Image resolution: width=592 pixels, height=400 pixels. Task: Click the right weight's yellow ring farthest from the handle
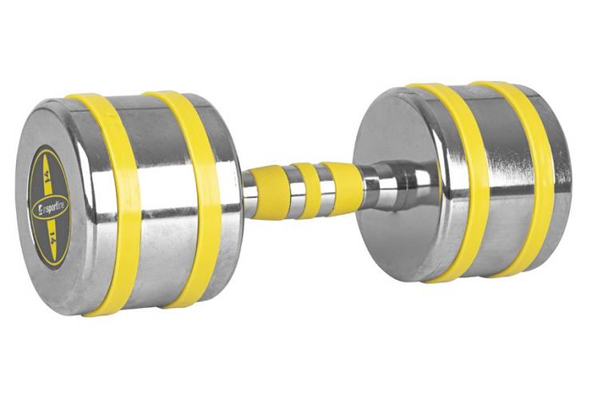[x=527, y=180]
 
